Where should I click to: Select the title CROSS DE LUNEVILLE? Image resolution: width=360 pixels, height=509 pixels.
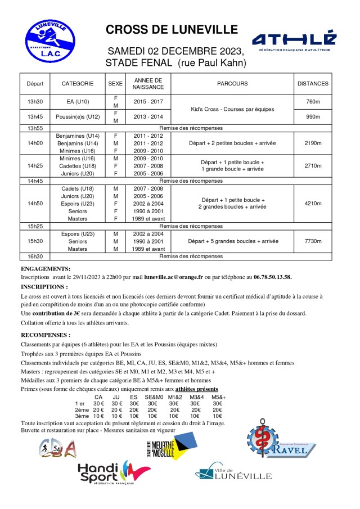click(x=172, y=30)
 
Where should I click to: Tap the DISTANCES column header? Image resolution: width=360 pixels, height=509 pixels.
click(x=313, y=83)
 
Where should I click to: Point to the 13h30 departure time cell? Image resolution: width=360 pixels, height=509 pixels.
click(x=35, y=102)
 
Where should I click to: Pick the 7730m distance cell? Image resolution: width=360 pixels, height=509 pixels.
click(x=313, y=241)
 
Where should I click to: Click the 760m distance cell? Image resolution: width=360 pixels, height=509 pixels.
click(x=313, y=102)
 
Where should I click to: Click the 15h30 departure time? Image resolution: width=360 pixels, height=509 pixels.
click(x=35, y=241)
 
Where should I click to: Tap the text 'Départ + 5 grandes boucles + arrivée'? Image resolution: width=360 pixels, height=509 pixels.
click(x=233, y=241)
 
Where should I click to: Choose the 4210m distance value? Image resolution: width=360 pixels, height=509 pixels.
click(x=313, y=203)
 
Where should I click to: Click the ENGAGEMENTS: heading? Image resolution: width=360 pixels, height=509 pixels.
click(x=46, y=269)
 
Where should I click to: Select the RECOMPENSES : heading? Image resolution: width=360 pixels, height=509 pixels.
click(x=46, y=335)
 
